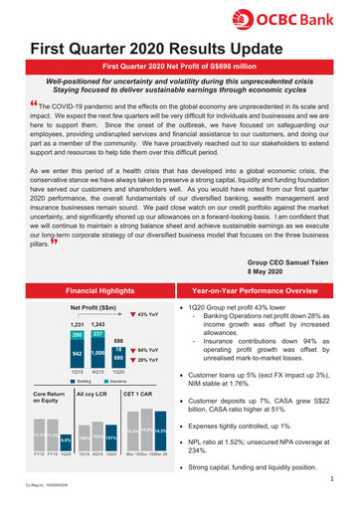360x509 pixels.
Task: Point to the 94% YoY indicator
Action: click(146, 323)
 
